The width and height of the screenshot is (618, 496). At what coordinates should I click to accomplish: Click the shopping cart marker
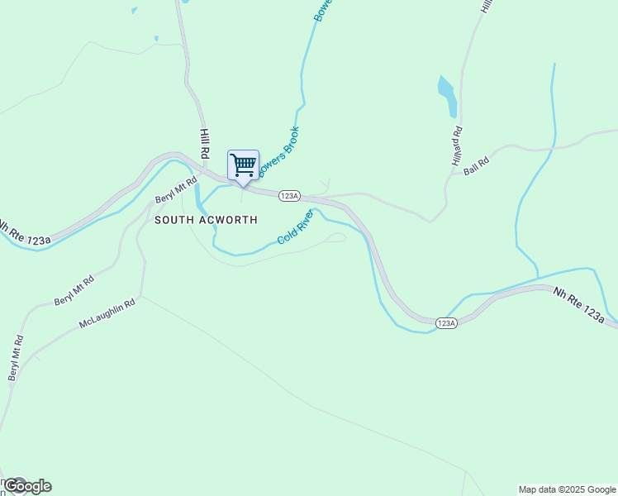[x=243, y=165]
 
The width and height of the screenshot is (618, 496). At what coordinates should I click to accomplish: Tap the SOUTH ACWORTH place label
[x=206, y=220]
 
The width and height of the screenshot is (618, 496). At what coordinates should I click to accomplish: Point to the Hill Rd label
[x=203, y=143]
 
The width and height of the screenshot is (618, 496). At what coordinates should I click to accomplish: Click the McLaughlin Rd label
[x=107, y=312]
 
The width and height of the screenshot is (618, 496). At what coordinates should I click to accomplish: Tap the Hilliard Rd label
[x=457, y=147]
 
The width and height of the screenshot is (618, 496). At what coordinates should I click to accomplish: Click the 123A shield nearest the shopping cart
[x=288, y=196]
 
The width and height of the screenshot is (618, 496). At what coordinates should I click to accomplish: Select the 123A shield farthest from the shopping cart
[x=445, y=323]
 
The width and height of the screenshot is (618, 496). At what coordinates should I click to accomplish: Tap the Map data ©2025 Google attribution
[x=568, y=489]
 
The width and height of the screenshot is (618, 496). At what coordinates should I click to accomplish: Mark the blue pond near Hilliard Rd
[x=447, y=95]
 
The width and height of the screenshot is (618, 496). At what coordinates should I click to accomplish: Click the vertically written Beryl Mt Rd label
[x=16, y=358]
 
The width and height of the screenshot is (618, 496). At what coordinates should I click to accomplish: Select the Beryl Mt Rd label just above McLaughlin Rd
[x=74, y=290]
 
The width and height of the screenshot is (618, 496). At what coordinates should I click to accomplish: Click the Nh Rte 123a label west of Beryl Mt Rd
[x=25, y=233]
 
